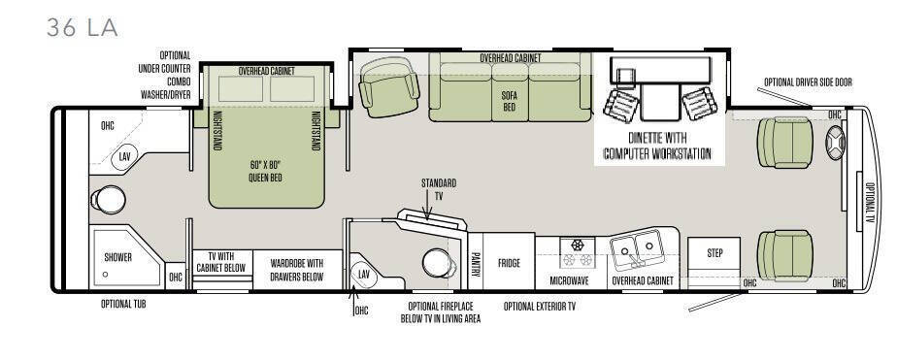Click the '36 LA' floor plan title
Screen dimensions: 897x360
click(x=82, y=27)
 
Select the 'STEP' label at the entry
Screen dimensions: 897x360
click(x=714, y=253)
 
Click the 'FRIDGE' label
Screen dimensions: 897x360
click(x=509, y=263)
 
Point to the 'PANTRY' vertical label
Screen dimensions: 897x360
click(x=475, y=263)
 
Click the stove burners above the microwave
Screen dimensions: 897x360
click(x=578, y=253)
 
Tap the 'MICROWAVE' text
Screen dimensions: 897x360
click(x=569, y=281)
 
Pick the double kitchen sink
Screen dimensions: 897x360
click(x=637, y=248)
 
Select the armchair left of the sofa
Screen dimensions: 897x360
click(x=388, y=87)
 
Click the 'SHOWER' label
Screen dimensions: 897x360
click(x=117, y=257)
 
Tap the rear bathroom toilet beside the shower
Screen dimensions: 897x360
click(x=108, y=200)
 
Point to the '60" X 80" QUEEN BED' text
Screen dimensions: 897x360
click(x=265, y=171)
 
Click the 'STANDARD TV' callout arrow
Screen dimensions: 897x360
click(x=427, y=205)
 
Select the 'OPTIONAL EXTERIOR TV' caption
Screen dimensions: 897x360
click(x=540, y=307)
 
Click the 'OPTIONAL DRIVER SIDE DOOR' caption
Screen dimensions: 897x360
click(x=808, y=82)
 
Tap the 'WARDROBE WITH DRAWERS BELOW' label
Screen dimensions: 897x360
click(x=297, y=271)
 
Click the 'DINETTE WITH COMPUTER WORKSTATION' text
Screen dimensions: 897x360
click(x=658, y=146)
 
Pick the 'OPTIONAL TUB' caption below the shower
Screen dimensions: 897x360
click(x=123, y=304)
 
